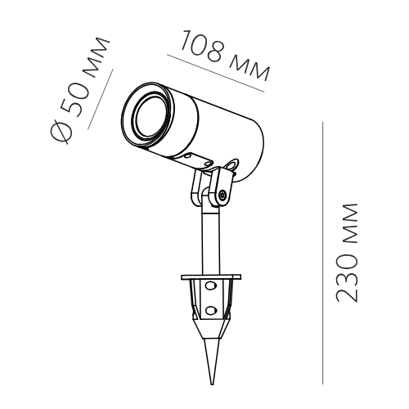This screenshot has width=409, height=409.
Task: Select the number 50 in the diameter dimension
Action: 77,101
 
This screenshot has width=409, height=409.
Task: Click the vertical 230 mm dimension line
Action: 322,253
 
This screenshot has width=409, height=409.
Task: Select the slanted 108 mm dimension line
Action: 216,73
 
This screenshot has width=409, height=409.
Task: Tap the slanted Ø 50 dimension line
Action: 101,99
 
